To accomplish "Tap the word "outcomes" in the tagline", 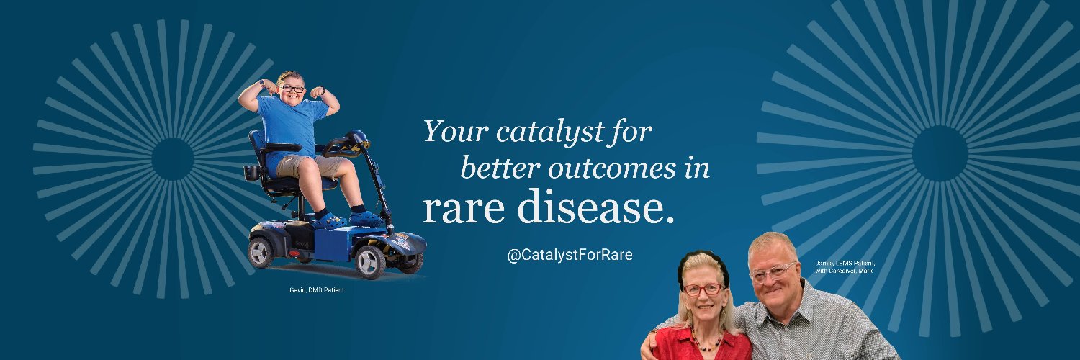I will click(x=602, y=168).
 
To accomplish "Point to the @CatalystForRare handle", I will click(x=570, y=255).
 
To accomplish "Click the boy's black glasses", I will click(x=292, y=89).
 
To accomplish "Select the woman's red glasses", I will click(x=703, y=289).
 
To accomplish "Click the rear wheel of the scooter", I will click(x=260, y=252).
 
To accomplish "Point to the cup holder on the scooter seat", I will click(x=252, y=173).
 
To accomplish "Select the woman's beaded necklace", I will click(x=705, y=341).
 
